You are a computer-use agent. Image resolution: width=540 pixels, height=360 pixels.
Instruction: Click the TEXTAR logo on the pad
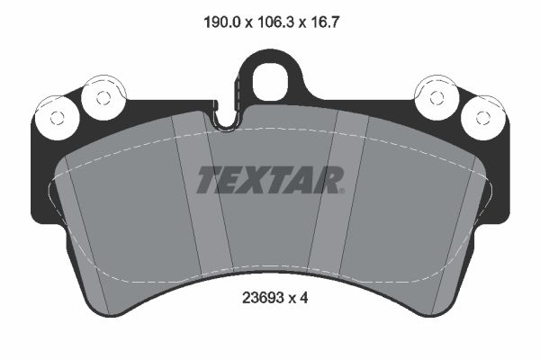(270, 180)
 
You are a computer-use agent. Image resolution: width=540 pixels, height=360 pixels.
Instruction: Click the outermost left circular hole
(56, 116)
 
